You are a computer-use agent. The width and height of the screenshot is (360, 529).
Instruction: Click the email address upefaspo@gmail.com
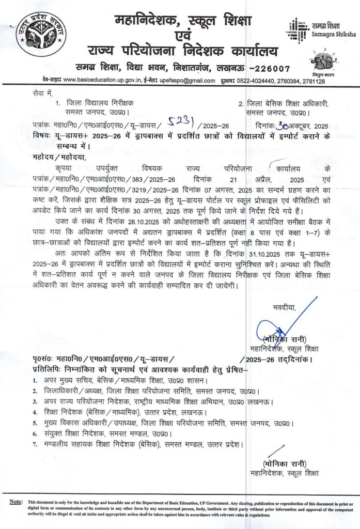[187, 81]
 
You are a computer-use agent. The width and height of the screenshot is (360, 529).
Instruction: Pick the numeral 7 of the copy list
[34, 444]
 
